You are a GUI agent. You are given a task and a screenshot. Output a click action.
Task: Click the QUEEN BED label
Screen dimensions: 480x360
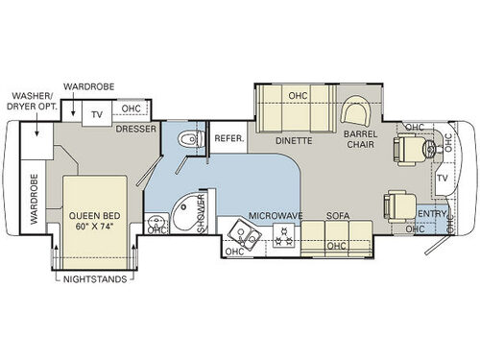click(x=95, y=216)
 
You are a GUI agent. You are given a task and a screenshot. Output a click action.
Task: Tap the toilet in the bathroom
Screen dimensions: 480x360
click(x=191, y=139)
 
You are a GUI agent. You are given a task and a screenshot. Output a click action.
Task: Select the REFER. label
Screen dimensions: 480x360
click(x=229, y=138)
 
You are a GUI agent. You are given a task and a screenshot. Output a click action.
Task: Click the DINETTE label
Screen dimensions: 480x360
click(x=294, y=140)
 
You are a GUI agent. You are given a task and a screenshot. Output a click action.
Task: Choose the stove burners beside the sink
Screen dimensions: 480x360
click(x=283, y=235)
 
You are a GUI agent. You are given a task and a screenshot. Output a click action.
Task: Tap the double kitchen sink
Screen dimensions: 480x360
click(x=245, y=235)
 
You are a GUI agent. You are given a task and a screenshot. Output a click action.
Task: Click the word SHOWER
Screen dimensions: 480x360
click(x=201, y=213)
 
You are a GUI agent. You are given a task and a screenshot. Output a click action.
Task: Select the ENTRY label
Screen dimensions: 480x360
click(x=432, y=214)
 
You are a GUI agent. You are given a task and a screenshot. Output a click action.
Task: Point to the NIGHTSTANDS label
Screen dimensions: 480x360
click(x=95, y=279)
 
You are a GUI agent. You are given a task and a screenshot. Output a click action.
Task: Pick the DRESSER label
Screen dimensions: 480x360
click(x=136, y=129)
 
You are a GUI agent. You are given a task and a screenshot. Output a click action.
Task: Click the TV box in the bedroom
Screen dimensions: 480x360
click(x=97, y=113)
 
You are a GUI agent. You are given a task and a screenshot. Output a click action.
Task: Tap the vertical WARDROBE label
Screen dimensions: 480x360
click(x=34, y=199)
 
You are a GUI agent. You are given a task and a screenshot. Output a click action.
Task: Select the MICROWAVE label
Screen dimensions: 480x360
click(x=276, y=216)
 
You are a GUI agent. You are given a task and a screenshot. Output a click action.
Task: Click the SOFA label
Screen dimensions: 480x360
click(x=338, y=216)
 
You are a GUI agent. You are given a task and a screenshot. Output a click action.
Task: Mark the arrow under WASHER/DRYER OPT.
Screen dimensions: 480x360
click(x=37, y=124)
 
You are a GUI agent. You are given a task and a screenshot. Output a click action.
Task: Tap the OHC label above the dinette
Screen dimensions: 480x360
click(x=298, y=96)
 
